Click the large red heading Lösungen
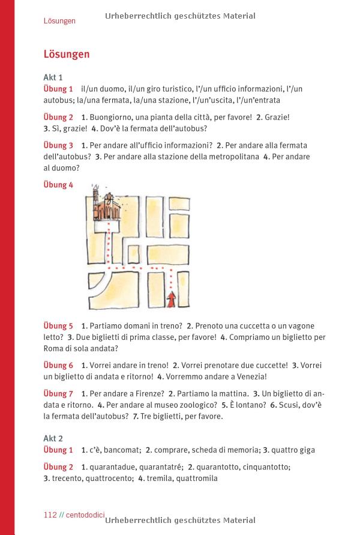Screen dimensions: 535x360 click(x=67, y=55)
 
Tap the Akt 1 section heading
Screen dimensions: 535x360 click(x=53, y=77)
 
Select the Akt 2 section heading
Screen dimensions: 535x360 click(x=53, y=439)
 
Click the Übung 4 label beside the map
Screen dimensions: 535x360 click(x=58, y=185)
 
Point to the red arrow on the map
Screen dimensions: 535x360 click(x=172, y=300)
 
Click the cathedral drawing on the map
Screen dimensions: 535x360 click(x=107, y=207)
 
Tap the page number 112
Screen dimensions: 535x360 click(x=50, y=515)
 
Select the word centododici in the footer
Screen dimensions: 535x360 click(x=85, y=515)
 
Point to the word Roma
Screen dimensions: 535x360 click(x=54, y=348)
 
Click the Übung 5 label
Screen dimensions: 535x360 click(x=58, y=326)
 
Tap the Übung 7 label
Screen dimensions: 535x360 click(x=58, y=394)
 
